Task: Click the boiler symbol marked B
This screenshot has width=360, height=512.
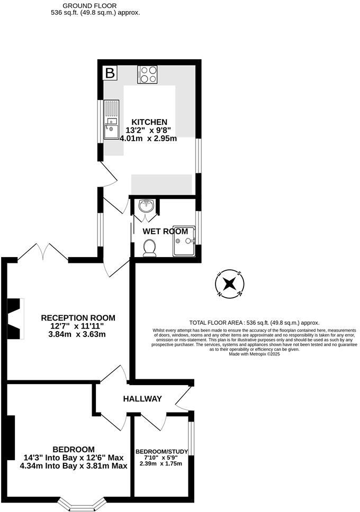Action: pyautogui.click(x=110, y=73)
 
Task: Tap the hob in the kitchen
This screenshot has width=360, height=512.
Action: pyautogui.click(x=147, y=74)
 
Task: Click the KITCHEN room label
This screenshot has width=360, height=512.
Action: pyautogui.click(x=149, y=122)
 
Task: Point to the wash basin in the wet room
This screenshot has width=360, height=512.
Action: pyautogui.click(x=146, y=206)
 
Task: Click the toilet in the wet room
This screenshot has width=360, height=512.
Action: pyautogui.click(x=149, y=247)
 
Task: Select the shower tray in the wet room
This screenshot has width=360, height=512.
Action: pyautogui.click(x=184, y=241)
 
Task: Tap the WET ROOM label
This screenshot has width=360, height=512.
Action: pyautogui.click(x=165, y=231)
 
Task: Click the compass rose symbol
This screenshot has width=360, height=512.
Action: pyautogui.click(x=229, y=283)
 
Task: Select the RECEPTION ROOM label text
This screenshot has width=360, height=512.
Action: pyautogui.click(x=78, y=318)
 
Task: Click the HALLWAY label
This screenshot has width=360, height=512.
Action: pyautogui.click(x=142, y=399)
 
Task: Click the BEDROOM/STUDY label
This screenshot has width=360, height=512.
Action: pyautogui.click(x=160, y=451)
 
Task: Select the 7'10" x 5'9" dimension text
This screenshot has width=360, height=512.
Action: pyautogui.click(x=160, y=458)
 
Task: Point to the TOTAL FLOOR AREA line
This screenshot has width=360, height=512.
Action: pyautogui.click(x=254, y=323)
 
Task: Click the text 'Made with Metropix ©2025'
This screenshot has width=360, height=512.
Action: pyautogui.click(x=254, y=354)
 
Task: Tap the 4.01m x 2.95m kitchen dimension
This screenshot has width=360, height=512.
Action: pyautogui.click(x=148, y=139)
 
